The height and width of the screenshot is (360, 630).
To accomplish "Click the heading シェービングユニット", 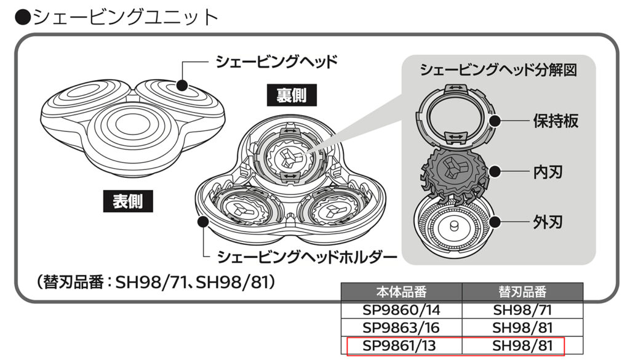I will pos(117,17).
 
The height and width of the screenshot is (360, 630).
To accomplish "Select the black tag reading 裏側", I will pos(287,95).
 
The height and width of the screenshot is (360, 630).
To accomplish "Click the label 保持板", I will pos(555,121).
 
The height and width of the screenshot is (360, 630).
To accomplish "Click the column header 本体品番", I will pos(401,291).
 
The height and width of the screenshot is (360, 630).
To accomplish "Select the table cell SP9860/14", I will pos(401,310).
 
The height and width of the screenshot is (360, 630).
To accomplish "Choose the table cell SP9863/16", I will pos(401,327).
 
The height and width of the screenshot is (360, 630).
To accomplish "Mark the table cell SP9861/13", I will pos(401,346).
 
